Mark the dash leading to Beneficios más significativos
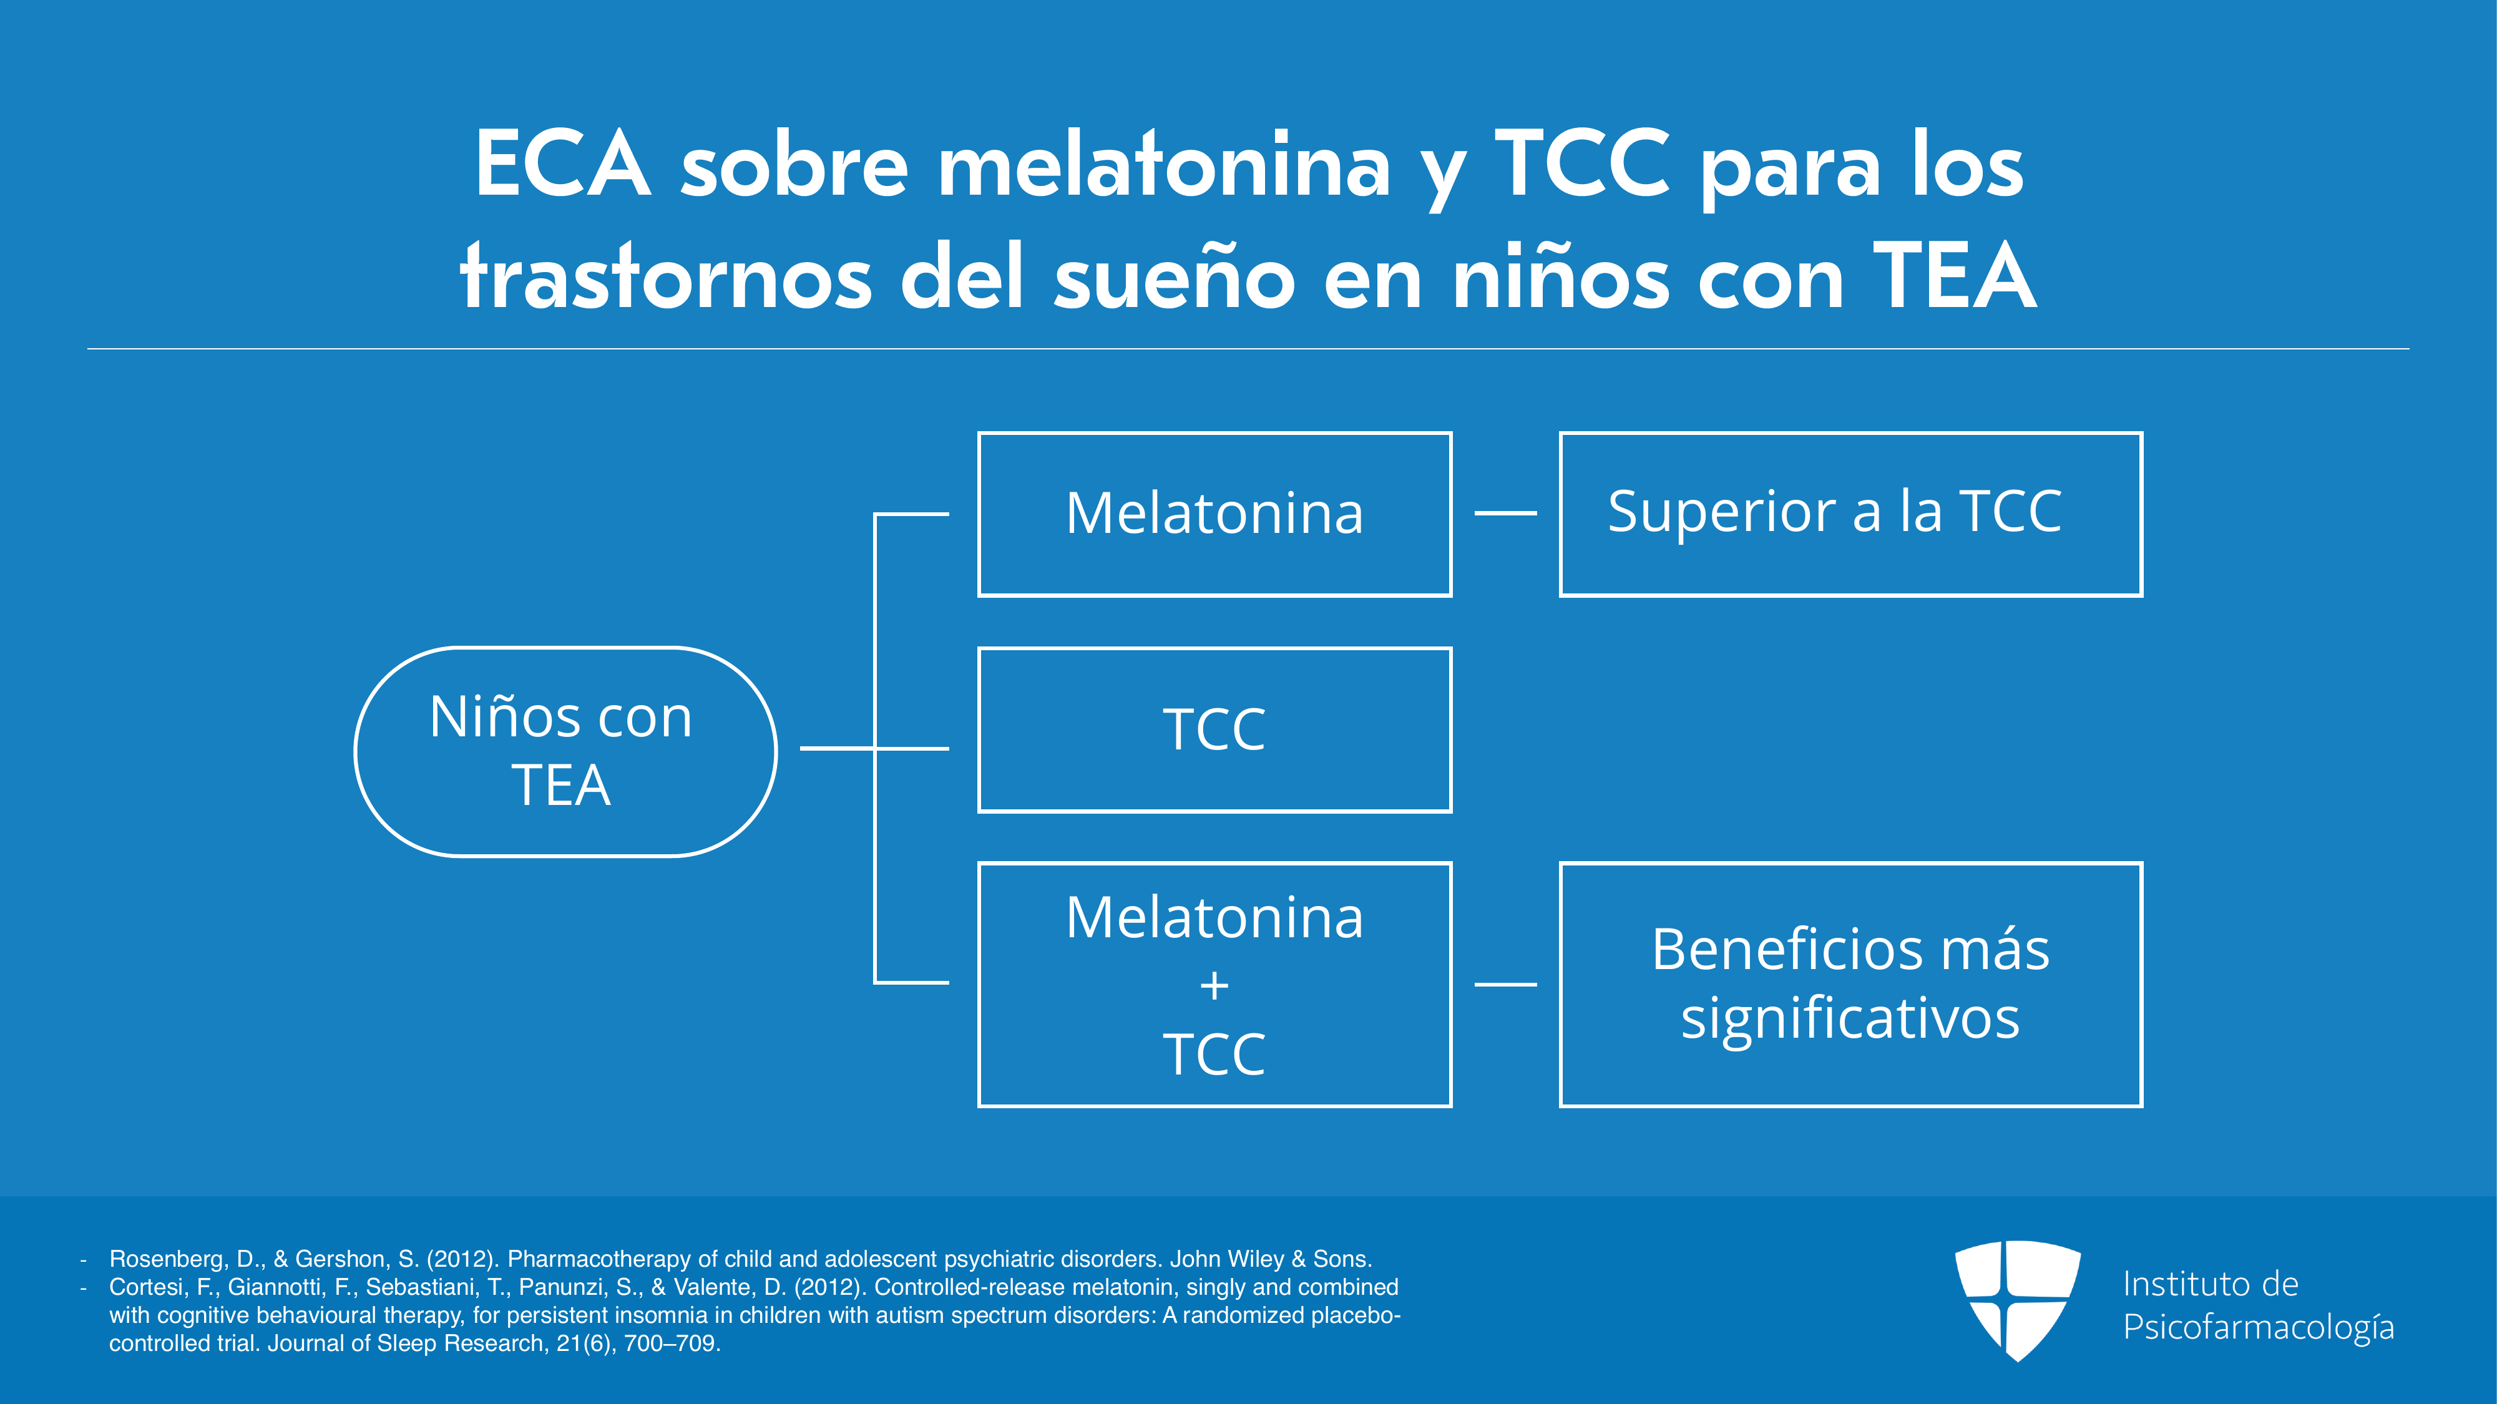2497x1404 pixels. click(x=1505, y=985)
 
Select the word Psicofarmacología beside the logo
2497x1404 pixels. click(x=2259, y=1327)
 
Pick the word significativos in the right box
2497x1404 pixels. click(x=1850, y=1020)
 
